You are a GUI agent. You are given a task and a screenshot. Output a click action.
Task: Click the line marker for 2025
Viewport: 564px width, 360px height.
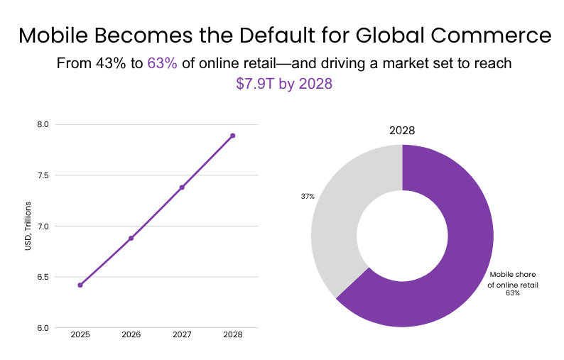(x=80, y=285)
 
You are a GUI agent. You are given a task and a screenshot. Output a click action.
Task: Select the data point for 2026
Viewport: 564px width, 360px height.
(x=131, y=238)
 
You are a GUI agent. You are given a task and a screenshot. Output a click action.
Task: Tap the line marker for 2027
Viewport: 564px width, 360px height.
(x=182, y=187)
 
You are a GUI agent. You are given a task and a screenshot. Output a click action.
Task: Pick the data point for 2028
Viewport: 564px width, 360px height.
(x=232, y=136)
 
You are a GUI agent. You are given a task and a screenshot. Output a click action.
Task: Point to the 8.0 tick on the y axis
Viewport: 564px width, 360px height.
(x=43, y=124)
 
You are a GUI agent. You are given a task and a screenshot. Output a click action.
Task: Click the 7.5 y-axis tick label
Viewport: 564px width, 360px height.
(x=43, y=175)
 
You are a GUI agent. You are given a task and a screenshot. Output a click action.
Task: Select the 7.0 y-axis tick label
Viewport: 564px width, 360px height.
(x=43, y=227)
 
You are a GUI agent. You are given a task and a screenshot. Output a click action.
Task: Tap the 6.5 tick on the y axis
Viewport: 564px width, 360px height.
(x=43, y=277)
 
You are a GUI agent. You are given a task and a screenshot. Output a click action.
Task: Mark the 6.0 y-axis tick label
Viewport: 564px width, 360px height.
(x=43, y=328)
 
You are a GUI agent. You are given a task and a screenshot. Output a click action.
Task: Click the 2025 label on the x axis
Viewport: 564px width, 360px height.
(x=80, y=334)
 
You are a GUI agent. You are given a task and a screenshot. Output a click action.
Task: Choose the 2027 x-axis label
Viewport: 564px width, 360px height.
(x=182, y=334)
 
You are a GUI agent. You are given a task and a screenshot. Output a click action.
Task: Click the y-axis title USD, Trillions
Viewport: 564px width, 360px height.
(x=26, y=226)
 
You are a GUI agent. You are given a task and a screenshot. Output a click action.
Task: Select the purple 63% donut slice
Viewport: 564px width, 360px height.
(x=455, y=256)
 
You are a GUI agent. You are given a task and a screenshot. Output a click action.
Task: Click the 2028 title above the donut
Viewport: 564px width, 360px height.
(x=402, y=131)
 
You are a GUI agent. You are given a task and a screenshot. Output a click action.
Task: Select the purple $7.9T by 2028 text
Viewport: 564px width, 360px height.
(x=284, y=83)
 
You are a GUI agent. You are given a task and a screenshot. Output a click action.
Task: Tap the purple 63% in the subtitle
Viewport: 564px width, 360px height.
(x=162, y=63)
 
